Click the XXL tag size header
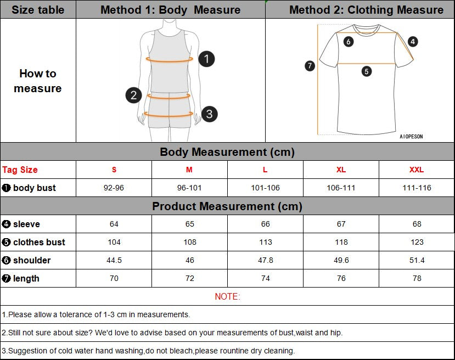click(417, 170)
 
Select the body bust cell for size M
click(189, 188)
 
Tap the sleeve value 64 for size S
click(114, 224)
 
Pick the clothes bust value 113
click(265, 242)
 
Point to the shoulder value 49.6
click(341, 260)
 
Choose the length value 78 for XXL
click(417, 278)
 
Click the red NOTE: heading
click(227, 296)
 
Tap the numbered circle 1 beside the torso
click(206, 59)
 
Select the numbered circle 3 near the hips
click(209, 114)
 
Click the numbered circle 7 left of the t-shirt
click(310, 66)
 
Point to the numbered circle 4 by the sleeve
click(413, 41)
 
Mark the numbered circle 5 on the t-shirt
click(367, 71)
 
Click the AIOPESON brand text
click(411, 137)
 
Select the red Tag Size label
click(20, 170)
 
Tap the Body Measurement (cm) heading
click(227, 152)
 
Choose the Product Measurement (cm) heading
click(227, 206)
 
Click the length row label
click(26, 278)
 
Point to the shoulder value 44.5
click(114, 260)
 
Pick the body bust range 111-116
click(417, 188)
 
